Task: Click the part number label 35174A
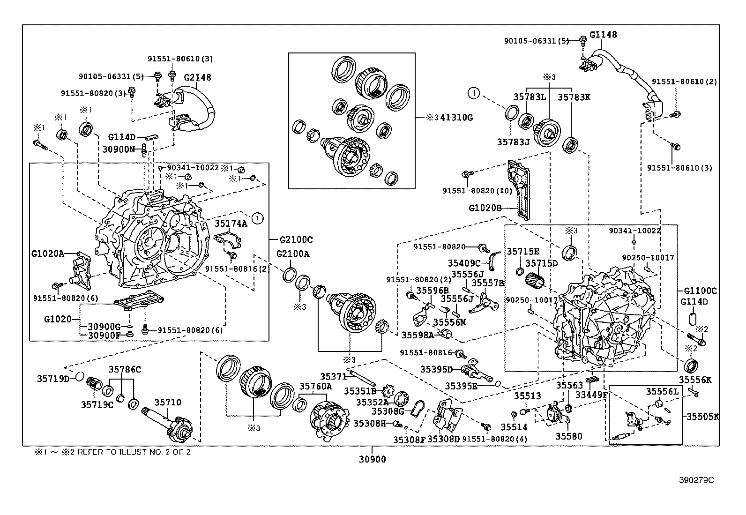click(231, 224)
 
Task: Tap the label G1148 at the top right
click(603, 34)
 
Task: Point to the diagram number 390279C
click(697, 480)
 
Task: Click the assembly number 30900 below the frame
click(373, 459)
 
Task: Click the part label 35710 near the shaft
click(168, 402)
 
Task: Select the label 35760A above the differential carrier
click(315, 386)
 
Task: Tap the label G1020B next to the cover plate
click(485, 207)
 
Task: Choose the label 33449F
click(592, 395)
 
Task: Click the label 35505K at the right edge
click(703, 416)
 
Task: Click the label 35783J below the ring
click(513, 141)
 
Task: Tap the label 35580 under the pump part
click(569, 436)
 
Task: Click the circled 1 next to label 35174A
click(257, 217)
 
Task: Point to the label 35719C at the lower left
click(97, 404)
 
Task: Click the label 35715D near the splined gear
click(541, 263)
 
